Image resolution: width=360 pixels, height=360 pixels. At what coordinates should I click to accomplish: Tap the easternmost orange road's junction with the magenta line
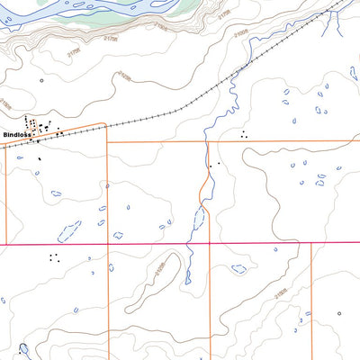312,243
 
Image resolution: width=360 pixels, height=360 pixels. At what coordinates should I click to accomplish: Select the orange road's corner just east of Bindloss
105,126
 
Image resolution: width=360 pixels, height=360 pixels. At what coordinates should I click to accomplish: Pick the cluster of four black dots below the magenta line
55,257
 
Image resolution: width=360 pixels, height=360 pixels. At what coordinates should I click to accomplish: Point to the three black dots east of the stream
243,134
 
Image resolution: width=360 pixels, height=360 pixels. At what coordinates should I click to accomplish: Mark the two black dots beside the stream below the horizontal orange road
213,165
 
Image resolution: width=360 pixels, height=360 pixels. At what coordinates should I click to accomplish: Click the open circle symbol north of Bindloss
41,80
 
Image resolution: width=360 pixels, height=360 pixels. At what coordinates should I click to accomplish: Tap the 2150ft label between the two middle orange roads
160,268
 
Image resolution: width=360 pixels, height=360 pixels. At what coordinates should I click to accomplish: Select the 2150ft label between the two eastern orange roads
281,292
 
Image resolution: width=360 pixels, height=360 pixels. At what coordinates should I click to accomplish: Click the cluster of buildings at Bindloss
36,128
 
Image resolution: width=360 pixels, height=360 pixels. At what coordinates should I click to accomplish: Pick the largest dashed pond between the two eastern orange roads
238,268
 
